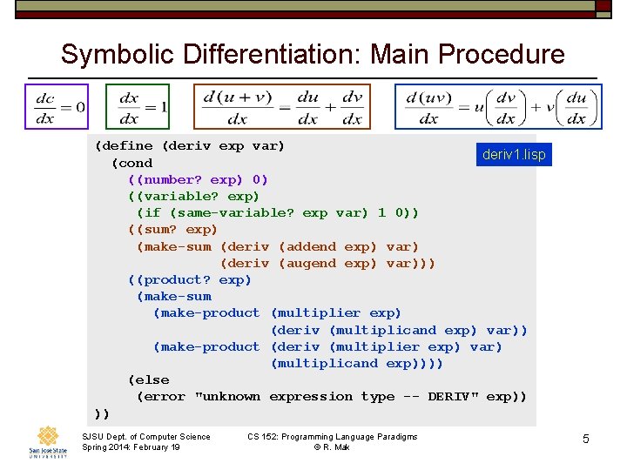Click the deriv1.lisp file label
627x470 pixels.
(514, 155)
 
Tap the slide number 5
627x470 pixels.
(585, 440)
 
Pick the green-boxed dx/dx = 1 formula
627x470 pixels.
(138, 107)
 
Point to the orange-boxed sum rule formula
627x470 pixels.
(282, 107)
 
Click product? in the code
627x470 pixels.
(173, 279)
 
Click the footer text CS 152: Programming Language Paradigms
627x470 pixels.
(332, 436)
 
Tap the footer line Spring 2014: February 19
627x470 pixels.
(131, 446)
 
